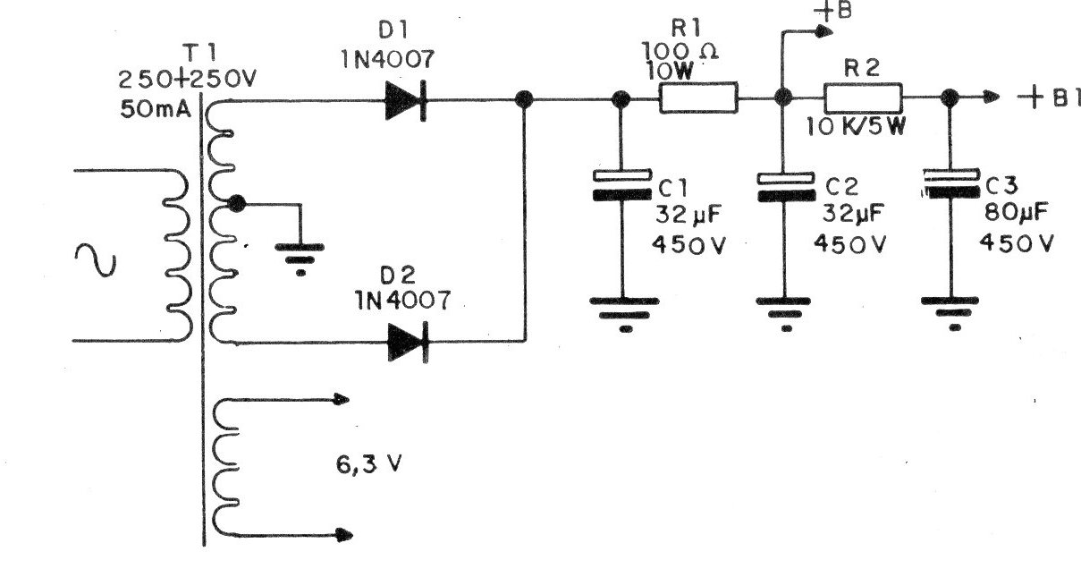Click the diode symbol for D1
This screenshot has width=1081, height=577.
(405, 100)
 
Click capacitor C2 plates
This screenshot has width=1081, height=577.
(786, 186)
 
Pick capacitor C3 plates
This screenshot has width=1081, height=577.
(950, 186)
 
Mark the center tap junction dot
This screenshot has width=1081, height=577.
(237, 204)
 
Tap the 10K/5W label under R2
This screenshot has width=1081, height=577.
(857, 127)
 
